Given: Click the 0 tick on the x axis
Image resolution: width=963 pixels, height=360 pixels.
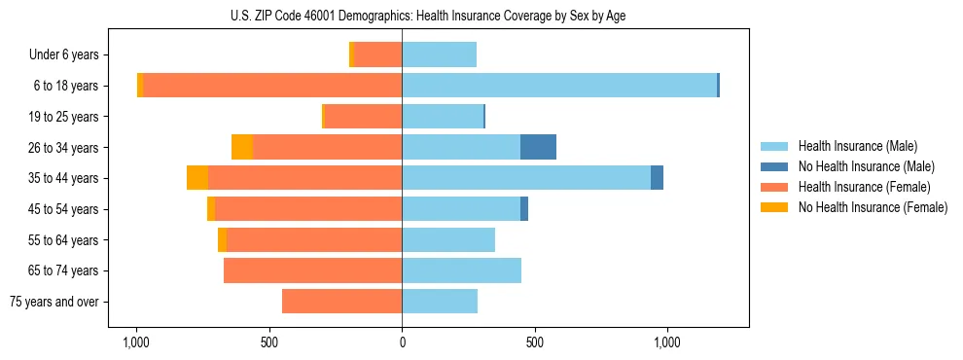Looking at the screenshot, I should (x=402, y=342).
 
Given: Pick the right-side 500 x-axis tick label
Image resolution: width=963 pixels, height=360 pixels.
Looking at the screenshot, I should (x=534, y=342).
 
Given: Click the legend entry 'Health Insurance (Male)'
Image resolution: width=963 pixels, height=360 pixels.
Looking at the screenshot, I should (x=857, y=146).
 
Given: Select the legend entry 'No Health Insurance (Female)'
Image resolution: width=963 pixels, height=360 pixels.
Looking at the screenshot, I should (x=873, y=207).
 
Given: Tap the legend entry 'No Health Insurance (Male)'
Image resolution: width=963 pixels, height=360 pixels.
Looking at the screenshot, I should (x=866, y=166).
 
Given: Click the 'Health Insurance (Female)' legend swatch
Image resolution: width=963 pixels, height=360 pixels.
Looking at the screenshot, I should (x=775, y=187).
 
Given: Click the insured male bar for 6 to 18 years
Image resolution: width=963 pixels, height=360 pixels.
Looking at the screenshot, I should (x=559, y=86).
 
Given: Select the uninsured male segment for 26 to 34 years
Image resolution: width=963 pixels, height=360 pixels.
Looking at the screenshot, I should (x=538, y=147).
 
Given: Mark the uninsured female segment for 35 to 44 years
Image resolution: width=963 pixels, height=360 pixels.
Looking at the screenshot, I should (x=197, y=178).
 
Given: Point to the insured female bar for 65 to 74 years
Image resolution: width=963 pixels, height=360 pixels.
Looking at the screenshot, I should (x=312, y=270).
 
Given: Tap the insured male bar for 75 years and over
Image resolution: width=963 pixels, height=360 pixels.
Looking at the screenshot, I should (x=440, y=302).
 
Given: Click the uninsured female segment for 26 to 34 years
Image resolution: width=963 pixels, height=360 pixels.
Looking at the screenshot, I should (x=242, y=147).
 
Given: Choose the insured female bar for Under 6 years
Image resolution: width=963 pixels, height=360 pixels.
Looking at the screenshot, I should (x=378, y=55).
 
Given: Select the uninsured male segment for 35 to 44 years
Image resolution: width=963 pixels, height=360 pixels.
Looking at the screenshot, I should (x=657, y=178).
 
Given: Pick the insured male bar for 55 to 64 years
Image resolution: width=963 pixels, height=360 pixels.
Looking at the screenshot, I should (x=448, y=239).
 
